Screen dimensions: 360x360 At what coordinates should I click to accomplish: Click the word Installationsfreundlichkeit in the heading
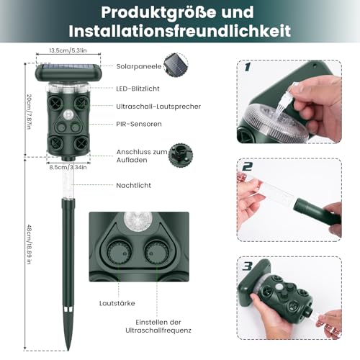180,31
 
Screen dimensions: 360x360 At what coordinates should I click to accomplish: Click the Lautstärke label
120,304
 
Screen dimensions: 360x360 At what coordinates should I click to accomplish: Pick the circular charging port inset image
180,156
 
